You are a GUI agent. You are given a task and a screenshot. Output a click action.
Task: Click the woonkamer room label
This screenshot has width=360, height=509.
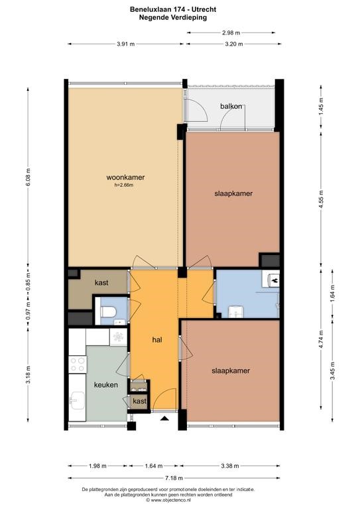(125, 177)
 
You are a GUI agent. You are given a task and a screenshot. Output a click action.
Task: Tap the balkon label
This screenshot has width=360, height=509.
(231, 106)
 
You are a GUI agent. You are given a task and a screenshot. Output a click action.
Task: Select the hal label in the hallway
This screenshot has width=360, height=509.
(157, 339)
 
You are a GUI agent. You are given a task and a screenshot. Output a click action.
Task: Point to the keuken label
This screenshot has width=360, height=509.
(106, 384)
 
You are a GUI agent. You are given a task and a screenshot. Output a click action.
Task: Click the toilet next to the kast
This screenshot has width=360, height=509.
(109, 313)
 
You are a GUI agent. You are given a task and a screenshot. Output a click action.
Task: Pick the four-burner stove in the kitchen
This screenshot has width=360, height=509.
(78, 365)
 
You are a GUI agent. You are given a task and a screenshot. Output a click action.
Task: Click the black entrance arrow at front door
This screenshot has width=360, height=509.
(165, 418)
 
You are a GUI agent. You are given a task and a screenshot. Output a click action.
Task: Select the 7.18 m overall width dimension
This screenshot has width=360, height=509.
(174, 478)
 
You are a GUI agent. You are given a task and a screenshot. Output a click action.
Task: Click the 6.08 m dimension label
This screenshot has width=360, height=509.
(29, 177)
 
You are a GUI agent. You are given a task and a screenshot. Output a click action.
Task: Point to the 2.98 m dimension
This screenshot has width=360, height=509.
(231, 32)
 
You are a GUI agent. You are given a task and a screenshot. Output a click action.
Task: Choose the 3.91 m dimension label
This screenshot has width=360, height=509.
(125, 44)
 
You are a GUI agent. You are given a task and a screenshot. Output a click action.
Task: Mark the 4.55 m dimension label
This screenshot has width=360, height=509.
(322, 200)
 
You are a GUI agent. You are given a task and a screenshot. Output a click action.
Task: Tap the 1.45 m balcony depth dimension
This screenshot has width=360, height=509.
(322, 106)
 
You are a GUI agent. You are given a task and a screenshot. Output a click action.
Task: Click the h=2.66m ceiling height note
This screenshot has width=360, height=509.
(124, 185)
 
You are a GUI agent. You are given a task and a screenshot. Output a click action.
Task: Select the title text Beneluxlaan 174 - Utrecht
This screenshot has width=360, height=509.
(173, 10)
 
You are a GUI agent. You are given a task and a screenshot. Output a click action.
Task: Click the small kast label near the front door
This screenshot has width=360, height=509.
(140, 401)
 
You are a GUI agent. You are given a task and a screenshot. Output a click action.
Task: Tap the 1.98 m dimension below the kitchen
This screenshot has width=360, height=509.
(97, 466)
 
